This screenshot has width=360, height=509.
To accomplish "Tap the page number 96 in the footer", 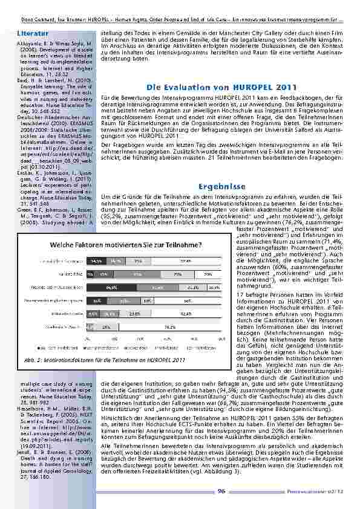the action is click(x=221, y=491).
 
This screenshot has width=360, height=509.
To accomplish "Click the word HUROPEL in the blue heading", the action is click(x=231, y=87).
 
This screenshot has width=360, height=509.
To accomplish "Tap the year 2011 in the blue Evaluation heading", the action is click(x=268, y=87).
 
